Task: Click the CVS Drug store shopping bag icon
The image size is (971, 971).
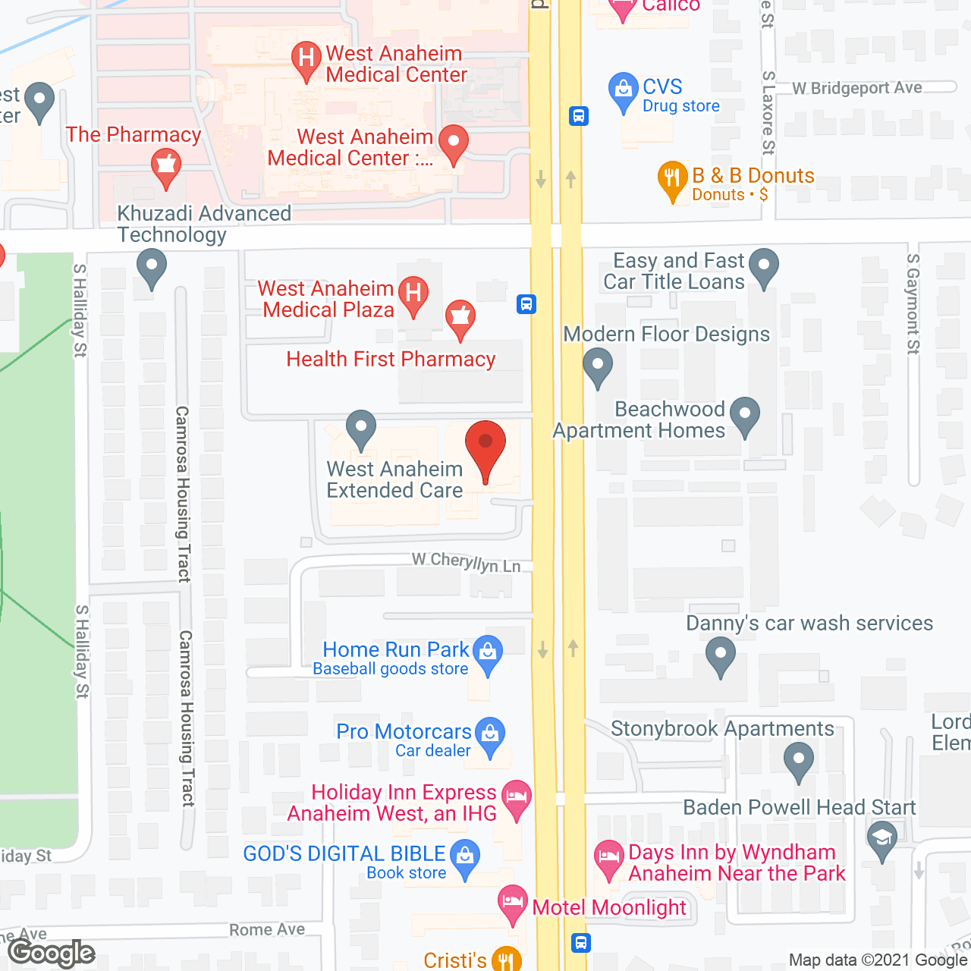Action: [x=623, y=90]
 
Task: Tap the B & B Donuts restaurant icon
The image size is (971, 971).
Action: [x=672, y=179]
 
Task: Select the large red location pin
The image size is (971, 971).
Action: [x=485, y=446]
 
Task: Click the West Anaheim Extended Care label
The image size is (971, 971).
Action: [x=394, y=479]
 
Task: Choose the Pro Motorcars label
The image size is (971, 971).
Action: [x=404, y=732]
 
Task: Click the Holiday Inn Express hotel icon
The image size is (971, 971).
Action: [x=517, y=798]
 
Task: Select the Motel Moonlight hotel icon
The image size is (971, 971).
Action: [x=513, y=903]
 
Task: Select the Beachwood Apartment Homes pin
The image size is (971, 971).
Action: [x=745, y=415]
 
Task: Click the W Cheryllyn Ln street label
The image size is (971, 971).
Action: [x=467, y=563]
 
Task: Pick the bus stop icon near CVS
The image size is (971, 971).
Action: [x=579, y=116]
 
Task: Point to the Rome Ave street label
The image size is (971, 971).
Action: [x=267, y=930]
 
